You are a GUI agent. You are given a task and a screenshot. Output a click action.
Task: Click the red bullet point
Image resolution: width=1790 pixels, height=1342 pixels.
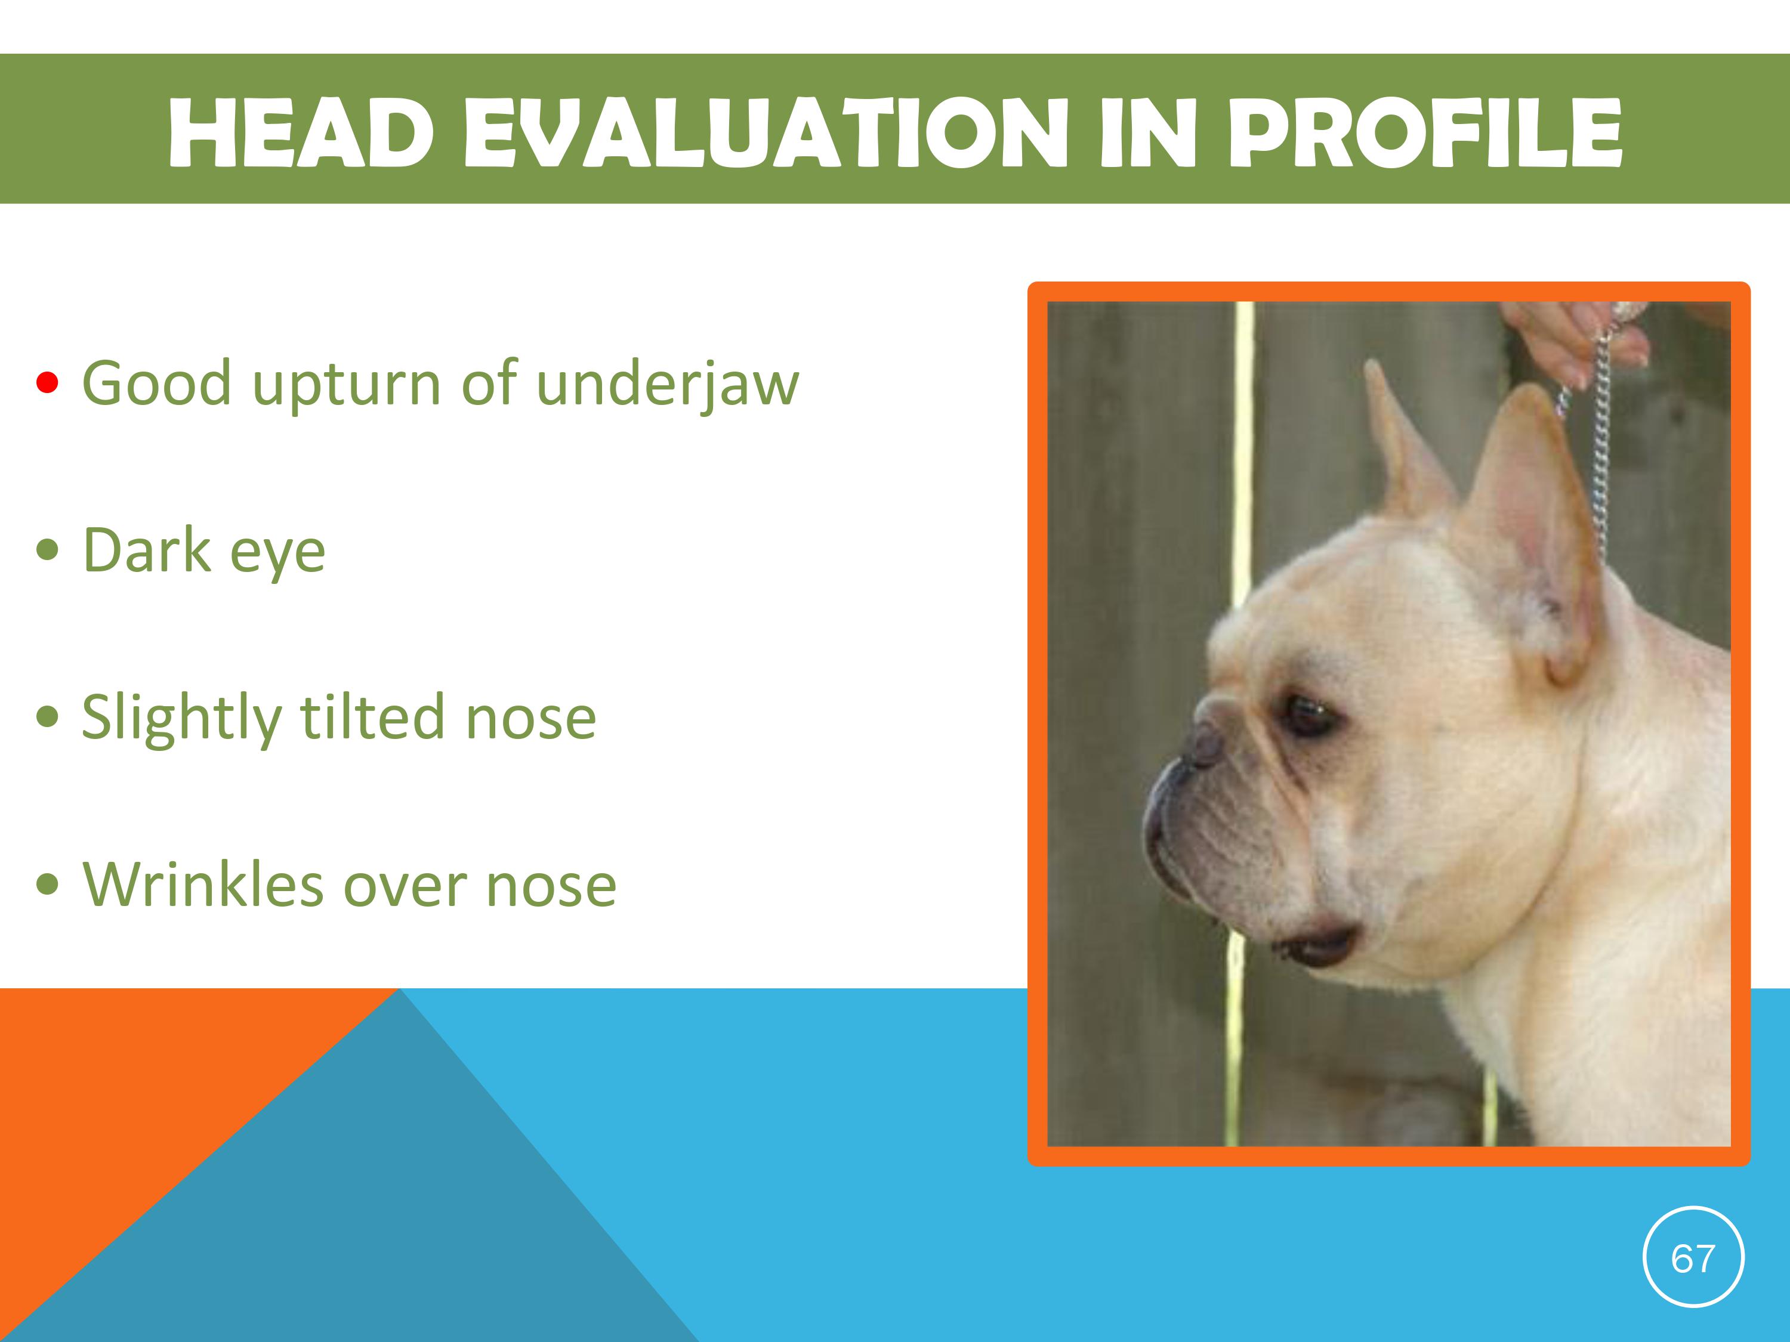click(x=48, y=383)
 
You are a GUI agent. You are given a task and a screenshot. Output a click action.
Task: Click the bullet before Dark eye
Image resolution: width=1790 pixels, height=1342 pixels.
click(x=48, y=550)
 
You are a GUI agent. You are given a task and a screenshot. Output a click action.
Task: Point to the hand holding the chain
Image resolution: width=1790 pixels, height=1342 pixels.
click(x=1578, y=340)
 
